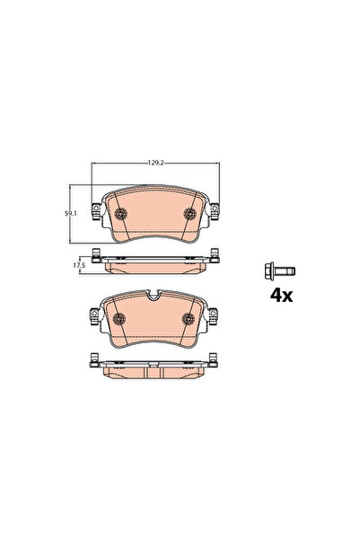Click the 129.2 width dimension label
[155, 163]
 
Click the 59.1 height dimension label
[71, 214]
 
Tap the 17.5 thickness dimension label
[79, 265]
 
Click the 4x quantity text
[282, 296]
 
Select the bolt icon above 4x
[280, 271]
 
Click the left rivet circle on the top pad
[120, 214]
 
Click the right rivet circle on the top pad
[190, 214]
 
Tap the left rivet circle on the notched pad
[119, 319]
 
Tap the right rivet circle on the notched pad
[189, 319]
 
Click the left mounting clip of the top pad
[96, 211]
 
